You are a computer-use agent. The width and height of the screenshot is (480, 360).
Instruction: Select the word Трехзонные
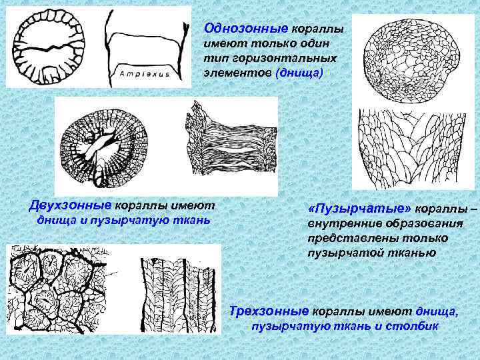click(269, 311)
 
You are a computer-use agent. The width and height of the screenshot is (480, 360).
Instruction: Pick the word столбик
click(412, 326)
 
